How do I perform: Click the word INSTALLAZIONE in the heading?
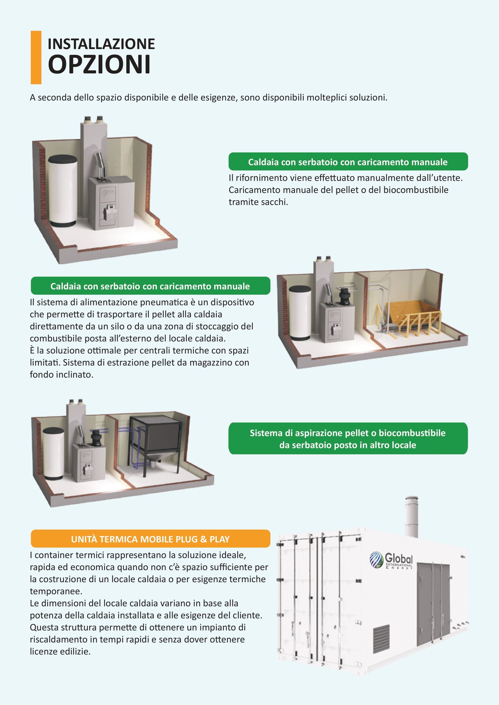click(x=101, y=44)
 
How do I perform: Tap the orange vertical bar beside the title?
click(x=36, y=57)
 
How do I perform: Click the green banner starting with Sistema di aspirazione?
click(x=348, y=439)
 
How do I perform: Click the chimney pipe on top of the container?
click(x=411, y=517)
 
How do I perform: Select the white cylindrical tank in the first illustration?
click(x=63, y=191)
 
